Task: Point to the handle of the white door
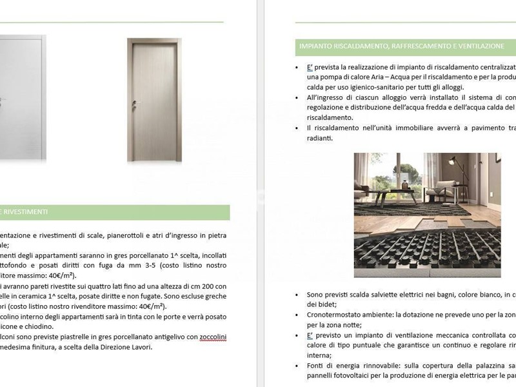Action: tap(2, 101)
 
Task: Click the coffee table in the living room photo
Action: tap(393, 196)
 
